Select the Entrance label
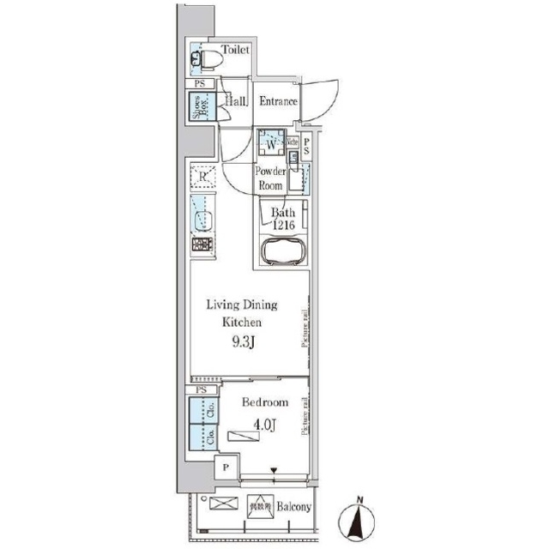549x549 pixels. coord(279,102)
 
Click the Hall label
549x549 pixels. coord(237,102)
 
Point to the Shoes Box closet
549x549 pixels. coord(200,109)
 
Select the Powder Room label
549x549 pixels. coord(268,178)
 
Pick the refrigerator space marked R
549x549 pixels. coord(202,177)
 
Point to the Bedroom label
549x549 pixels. coord(264,402)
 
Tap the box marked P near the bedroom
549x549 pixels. coord(226,468)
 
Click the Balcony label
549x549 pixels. coord(294,507)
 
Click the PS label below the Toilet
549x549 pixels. coord(199,83)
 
